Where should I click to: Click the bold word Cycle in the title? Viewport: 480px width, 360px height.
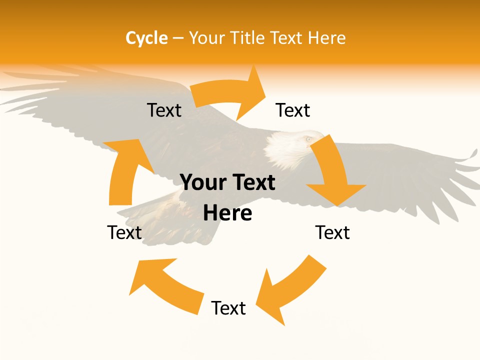click(x=146, y=38)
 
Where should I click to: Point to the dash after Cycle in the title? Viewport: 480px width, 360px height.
click(x=177, y=38)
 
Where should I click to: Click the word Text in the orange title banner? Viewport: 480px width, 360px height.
click(x=287, y=38)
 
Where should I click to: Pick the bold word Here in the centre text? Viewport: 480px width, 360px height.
click(x=227, y=213)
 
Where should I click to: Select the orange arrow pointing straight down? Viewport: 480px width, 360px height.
click(x=332, y=172)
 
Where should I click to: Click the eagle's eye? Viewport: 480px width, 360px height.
click(x=308, y=138)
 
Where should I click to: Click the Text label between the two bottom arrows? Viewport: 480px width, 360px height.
click(x=228, y=308)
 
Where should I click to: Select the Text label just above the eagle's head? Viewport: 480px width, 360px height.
click(x=293, y=110)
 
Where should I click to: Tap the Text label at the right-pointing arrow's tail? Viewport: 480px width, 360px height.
click(x=164, y=110)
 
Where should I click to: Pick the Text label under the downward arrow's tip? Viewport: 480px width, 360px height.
click(x=332, y=232)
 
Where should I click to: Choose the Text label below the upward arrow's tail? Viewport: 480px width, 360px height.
click(x=124, y=232)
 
